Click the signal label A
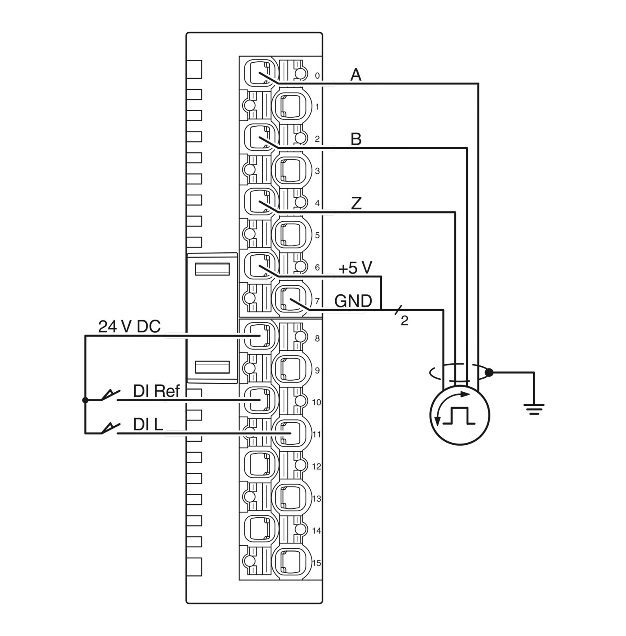coord(356,75)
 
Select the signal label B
coord(356,139)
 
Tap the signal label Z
coord(356,204)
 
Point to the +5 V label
coord(355,268)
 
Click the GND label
coord(353,301)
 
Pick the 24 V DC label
coord(129,326)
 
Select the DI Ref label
coord(156,391)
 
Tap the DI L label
coord(148,424)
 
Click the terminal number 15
coord(317,563)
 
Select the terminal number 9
coord(317,371)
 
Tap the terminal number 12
coord(317,467)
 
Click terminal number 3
coord(317,171)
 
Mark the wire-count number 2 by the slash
coord(404,321)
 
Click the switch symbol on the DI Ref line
coord(109,395)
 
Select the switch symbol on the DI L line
coord(109,429)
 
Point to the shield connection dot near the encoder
coord(489,373)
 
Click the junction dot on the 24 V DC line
coord(85,400)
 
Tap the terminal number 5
coord(317,236)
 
